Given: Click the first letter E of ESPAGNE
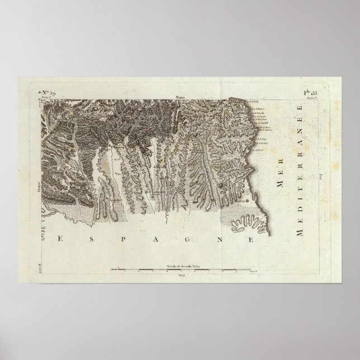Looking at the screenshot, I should [59, 239].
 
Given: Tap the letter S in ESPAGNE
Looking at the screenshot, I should [91, 239].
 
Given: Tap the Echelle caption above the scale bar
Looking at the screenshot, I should [180, 264].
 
